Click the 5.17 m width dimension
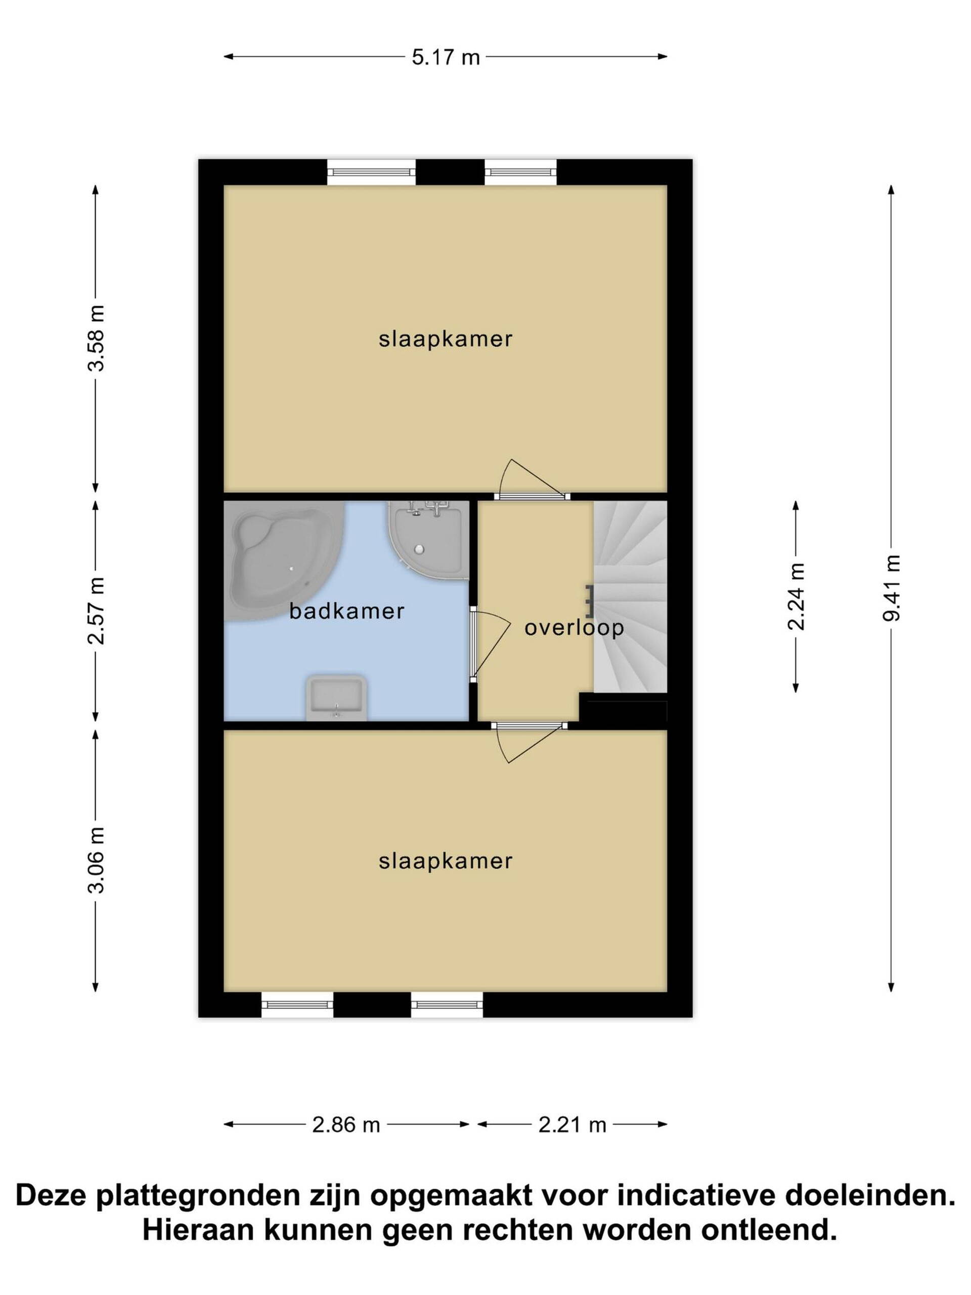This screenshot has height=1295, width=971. point(446,57)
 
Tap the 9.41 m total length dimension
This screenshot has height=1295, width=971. point(891,588)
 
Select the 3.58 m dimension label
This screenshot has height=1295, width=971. point(96,338)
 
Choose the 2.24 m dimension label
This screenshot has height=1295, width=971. point(796,596)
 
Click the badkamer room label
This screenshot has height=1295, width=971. point(346,611)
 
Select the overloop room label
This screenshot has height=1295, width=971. point(573,628)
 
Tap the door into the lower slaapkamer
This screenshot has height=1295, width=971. point(528,742)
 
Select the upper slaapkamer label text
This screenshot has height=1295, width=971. point(446,339)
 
